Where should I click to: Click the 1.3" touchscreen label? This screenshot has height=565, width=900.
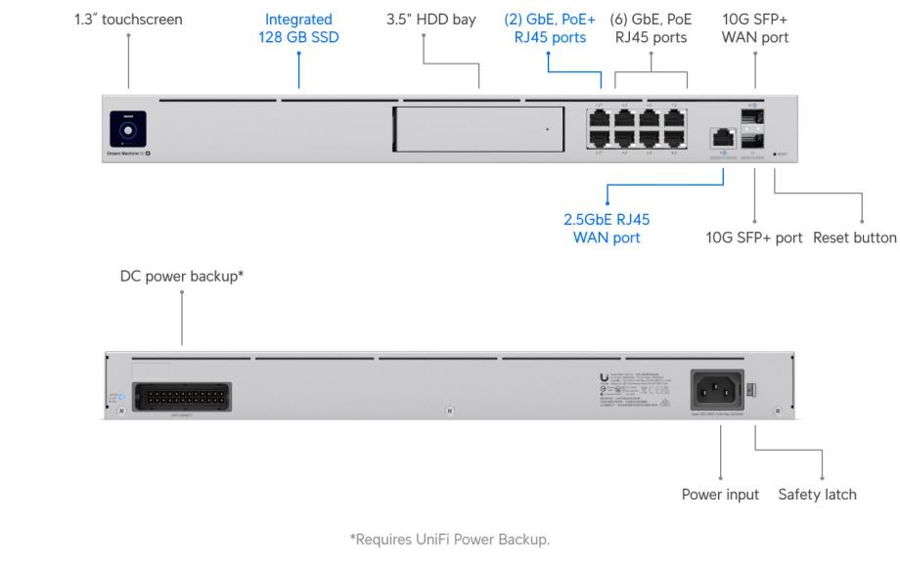128,20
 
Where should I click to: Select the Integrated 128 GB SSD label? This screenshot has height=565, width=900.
299,28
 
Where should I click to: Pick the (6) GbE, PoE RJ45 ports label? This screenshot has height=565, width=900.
651,28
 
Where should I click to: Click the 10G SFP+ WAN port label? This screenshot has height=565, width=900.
755,28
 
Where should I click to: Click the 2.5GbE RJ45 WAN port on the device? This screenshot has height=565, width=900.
721,138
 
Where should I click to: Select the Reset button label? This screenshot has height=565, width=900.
855,238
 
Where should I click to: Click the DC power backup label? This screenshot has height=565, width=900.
182,277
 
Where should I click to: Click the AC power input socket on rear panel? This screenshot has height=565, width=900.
720,390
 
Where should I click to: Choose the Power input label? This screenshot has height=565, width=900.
720,495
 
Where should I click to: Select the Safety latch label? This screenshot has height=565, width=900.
818,495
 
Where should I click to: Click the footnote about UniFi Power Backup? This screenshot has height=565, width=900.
449,539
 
